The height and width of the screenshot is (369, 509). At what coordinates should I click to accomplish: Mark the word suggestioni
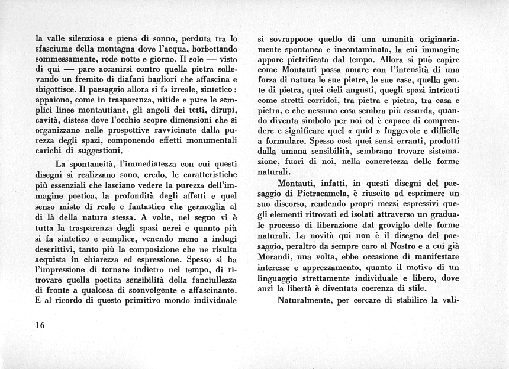(x=98, y=151)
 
